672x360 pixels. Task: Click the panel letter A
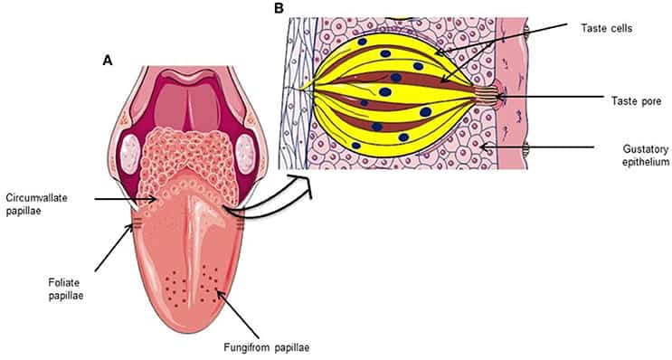(109, 60)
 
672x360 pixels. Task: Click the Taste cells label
(607, 29)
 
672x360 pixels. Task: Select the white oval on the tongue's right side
(246, 149)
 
